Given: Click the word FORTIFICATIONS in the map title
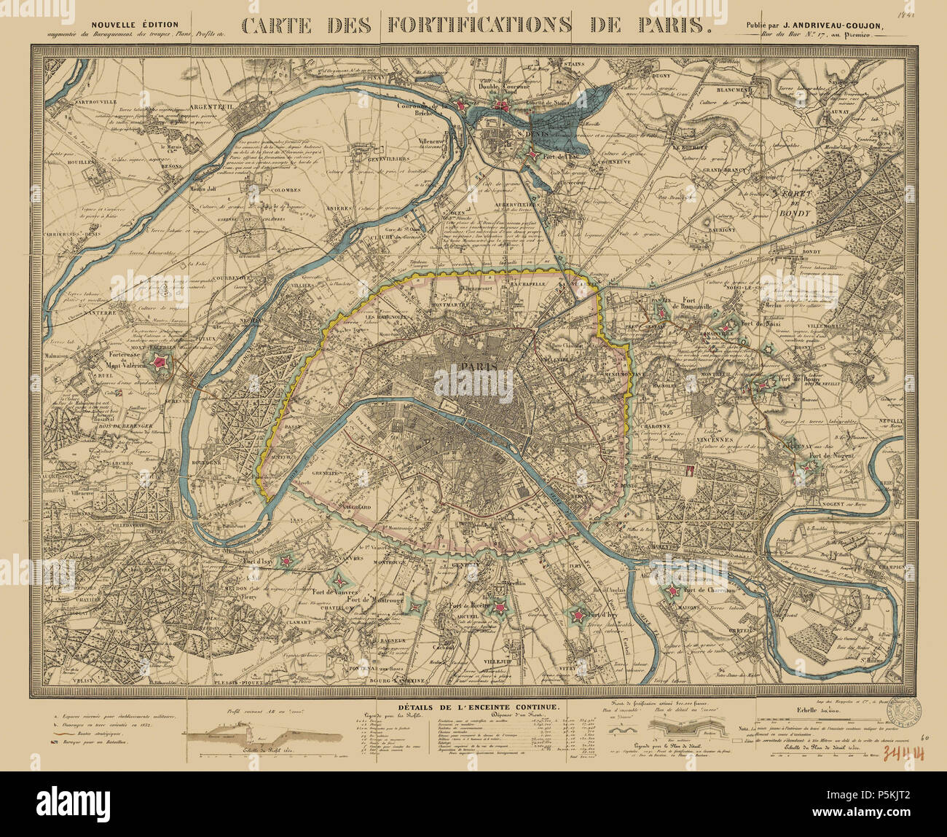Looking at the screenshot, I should click(479, 26).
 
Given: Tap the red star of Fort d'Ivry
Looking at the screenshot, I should click(578, 617).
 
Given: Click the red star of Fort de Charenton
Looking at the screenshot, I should click(671, 592).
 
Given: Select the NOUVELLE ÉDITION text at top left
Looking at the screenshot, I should click(134, 24).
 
